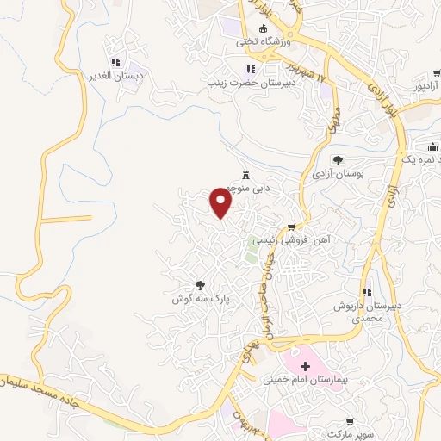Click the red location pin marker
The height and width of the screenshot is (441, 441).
tap(222, 203)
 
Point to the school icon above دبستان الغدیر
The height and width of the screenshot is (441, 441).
tap(115, 62)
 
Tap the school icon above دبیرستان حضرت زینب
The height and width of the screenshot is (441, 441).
tap(250, 69)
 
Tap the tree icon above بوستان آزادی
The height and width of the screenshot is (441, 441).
tap(338, 160)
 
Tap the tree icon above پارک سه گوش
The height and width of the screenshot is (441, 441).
tap(200, 284)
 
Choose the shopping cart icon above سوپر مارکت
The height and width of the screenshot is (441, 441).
tap(349, 422)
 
